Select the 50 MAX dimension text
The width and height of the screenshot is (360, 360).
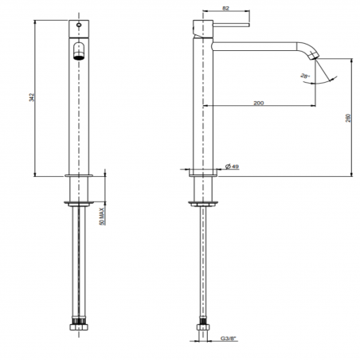pyautogui.click(x=100, y=217)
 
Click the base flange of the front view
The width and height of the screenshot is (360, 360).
pyautogui.click(x=83, y=174)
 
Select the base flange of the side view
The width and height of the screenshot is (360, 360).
pyautogui.click(x=205, y=174)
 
